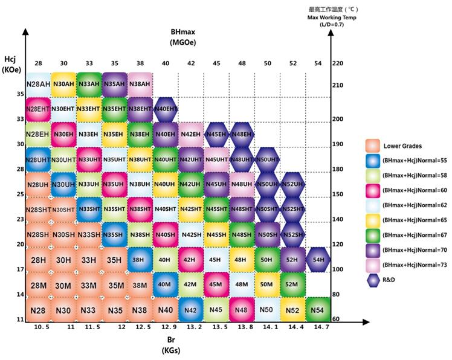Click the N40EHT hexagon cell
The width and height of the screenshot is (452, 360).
coord(165,109)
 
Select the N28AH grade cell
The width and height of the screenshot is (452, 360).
coord(37,84)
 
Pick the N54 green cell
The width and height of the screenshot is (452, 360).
coord(318,309)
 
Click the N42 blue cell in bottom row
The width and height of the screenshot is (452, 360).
coord(190,309)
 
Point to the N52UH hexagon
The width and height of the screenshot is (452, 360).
coord(292,184)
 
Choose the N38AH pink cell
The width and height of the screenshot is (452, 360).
coord(140,84)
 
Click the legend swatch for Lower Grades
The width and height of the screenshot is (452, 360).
coord(373,146)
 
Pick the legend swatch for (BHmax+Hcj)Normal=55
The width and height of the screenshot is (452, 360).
coord(373,162)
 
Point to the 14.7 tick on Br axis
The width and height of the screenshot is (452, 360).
coord(318,329)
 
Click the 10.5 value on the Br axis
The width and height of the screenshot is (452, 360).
coord(37,329)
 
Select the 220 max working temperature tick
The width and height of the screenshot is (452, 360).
coord(337,63)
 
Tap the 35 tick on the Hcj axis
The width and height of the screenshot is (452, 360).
coord(21,94)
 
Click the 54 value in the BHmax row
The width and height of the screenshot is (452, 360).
coord(318,63)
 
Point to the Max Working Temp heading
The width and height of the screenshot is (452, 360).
coord(332,18)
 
